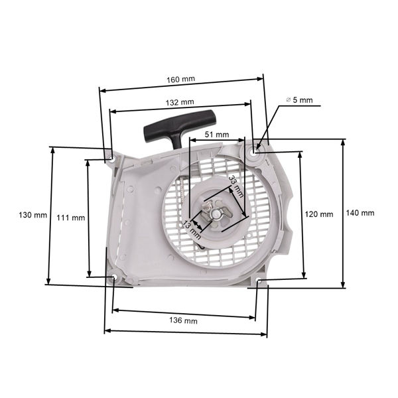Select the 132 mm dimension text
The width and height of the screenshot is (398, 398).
(181, 102)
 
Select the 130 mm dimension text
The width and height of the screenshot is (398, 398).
(33, 216)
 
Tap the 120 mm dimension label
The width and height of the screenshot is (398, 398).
(319, 214)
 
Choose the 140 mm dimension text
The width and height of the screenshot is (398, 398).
(360, 213)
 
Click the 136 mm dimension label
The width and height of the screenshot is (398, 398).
(184, 320)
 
